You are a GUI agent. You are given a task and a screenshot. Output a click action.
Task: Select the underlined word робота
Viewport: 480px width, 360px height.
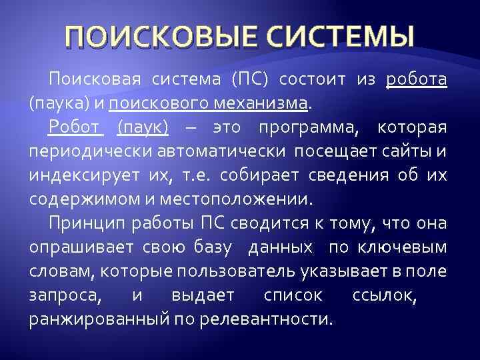pyautogui.click(x=417, y=81)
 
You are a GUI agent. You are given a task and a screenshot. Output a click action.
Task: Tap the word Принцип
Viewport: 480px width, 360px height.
pyautogui.click(x=84, y=223)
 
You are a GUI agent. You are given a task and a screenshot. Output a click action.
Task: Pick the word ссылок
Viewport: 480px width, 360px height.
pyautogui.click(x=378, y=295)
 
